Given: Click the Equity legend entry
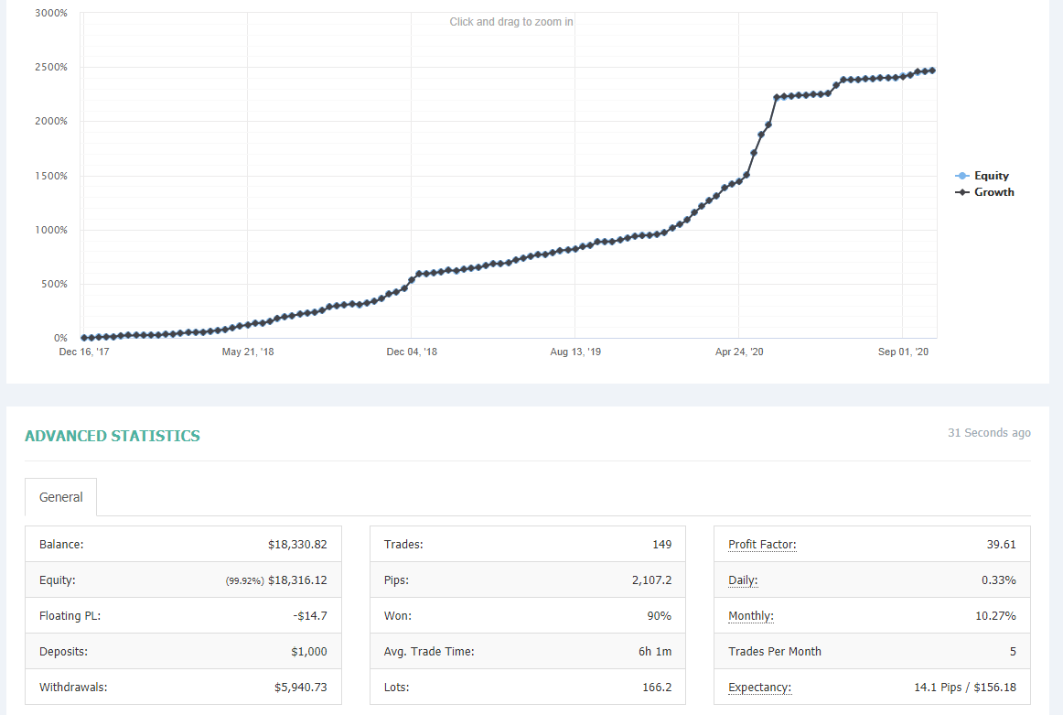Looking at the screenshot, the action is click(982, 176).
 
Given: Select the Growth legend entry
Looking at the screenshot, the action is click(985, 192).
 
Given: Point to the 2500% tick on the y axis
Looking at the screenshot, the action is click(51, 67).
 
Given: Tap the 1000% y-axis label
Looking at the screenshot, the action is click(51, 230).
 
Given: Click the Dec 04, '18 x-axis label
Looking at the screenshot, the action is click(412, 352).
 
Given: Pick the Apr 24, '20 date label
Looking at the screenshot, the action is click(739, 352).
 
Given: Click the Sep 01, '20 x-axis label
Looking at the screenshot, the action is click(903, 352).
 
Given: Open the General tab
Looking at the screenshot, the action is click(61, 497).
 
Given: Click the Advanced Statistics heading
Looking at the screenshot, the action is click(113, 436).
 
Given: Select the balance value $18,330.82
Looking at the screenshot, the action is click(297, 544).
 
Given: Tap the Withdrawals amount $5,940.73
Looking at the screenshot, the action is click(300, 688).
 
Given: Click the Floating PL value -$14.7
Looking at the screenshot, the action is click(310, 616).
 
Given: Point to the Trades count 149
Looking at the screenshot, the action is click(661, 544).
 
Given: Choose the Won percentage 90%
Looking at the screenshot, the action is click(659, 616).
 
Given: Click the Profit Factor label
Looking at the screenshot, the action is click(762, 544).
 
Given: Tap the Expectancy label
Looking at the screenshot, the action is click(759, 688).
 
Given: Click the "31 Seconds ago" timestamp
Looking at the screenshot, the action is click(989, 433).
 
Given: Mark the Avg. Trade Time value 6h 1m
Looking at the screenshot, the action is click(655, 651).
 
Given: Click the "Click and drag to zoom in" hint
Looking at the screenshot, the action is click(511, 22).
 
